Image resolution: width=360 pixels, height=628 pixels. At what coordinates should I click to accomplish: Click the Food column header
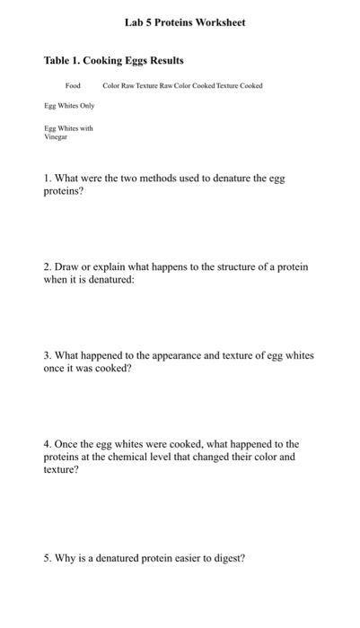click(x=73, y=86)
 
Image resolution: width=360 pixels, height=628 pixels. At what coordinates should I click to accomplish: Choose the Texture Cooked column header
click(x=241, y=86)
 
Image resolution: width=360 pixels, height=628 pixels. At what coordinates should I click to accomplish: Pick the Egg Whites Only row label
click(x=69, y=106)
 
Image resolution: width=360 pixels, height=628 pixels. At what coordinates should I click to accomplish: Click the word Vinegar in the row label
click(x=57, y=137)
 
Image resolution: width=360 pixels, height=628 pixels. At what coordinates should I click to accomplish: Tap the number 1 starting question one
click(x=47, y=179)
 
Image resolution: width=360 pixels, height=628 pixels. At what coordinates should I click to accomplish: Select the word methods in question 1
click(x=162, y=179)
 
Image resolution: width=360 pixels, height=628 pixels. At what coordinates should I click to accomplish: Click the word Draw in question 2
click(x=67, y=267)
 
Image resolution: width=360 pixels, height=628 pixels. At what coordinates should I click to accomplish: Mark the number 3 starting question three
click(x=47, y=356)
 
